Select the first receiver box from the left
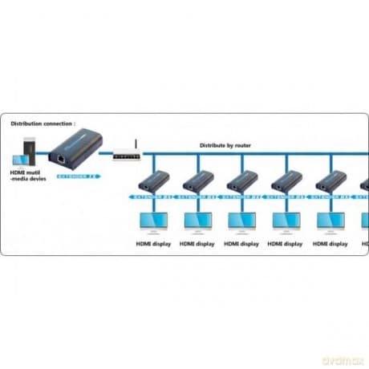[153, 180]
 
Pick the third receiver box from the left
[241, 180]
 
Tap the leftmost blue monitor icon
[153, 220]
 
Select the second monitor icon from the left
[197, 220]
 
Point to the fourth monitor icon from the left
[286, 220]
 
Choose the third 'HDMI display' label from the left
[241, 243]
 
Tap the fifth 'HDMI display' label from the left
[330, 243]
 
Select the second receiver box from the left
[197, 180]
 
